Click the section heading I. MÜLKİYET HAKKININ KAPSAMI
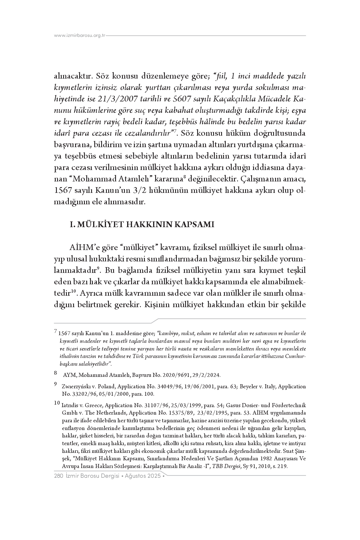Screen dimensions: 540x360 click(x=142, y=224)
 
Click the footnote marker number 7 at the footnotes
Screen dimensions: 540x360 click(x=55, y=332)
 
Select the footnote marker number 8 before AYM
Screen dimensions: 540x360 click(x=55, y=373)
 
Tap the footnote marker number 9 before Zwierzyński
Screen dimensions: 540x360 click(x=55, y=384)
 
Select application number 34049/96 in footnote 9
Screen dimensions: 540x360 click(x=172, y=387)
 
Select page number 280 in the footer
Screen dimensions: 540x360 click(x=58, y=476)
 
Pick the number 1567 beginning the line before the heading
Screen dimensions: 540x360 click(x=62, y=191)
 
